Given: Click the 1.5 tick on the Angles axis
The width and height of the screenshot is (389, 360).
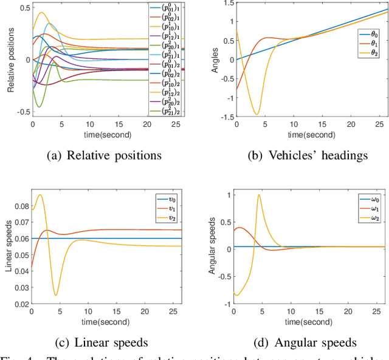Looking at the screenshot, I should (225, 4).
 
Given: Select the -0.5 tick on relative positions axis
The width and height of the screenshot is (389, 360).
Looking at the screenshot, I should (21, 112).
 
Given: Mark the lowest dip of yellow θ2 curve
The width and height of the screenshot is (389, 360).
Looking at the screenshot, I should (256, 114).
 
